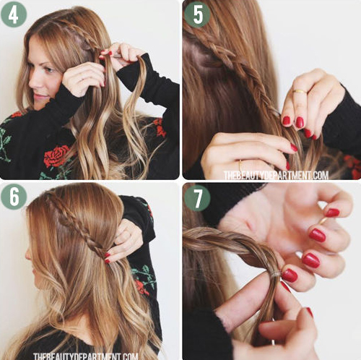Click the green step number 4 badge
pos(14,14)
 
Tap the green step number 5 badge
pos(197,14)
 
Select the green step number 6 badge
pos(14,197)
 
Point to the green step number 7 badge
pos(197,198)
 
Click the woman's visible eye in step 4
pos(48,70)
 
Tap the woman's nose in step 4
pos(33,82)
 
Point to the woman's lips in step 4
pos(38,96)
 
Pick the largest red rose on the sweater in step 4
pos(56,155)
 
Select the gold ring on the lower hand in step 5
pos(240,166)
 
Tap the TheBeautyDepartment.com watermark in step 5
pos(276,175)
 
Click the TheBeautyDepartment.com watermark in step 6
pos(86,356)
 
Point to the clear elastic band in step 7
pos(275,274)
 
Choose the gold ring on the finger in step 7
pos(323,220)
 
